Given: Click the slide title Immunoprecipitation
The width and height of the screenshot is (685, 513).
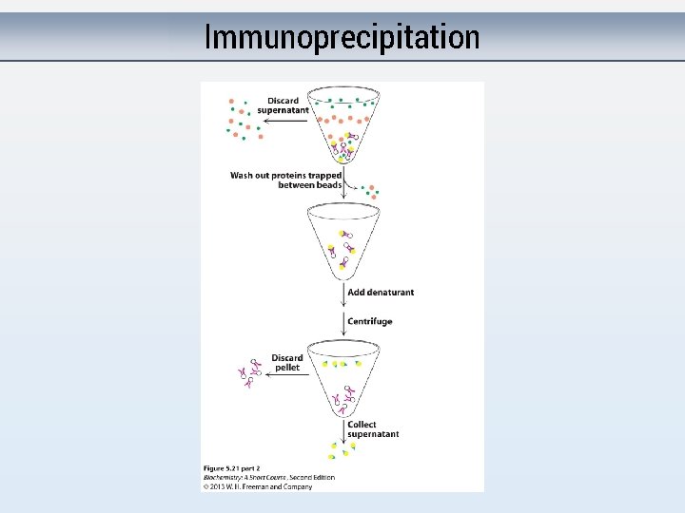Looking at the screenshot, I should (x=342, y=38).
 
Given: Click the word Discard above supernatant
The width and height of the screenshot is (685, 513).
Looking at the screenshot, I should (x=283, y=101).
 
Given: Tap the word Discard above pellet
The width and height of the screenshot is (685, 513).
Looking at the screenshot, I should (x=286, y=358).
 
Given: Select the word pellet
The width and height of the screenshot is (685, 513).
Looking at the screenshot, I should (x=286, y=368).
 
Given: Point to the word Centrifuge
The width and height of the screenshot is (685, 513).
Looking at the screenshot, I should (x=369, y=321).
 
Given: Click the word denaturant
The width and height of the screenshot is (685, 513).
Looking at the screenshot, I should (x=388, y=293).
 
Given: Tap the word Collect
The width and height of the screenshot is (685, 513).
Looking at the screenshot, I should (x=362, y=425).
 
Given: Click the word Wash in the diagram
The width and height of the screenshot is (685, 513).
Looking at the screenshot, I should (x=242, y=176).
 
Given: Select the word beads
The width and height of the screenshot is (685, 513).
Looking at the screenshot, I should (x=323, y=185).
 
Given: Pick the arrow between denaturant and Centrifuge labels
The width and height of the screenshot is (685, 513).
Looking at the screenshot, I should (x=342, y=307).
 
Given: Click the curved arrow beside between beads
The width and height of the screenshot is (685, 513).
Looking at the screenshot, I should (x=352, y=186).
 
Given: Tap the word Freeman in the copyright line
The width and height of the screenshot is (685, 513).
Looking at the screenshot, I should (x=259, y=486).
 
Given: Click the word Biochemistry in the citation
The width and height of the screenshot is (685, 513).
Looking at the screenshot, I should (x=223, y=477).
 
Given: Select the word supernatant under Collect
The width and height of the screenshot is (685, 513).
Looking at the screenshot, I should (x=373, y=434).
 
